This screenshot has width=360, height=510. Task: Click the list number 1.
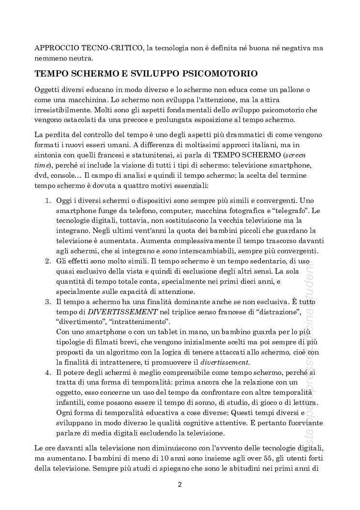tap(47, 200)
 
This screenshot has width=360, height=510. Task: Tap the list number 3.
tap(47, 302)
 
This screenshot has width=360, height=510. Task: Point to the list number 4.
tap(47, 372)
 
